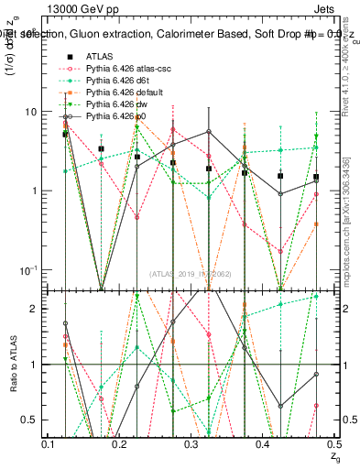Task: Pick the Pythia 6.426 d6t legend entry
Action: pos(106,82)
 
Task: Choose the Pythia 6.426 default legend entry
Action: pos(112,93)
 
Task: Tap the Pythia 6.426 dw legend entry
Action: pos(105,105)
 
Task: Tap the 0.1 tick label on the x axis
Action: pos(48,443)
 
